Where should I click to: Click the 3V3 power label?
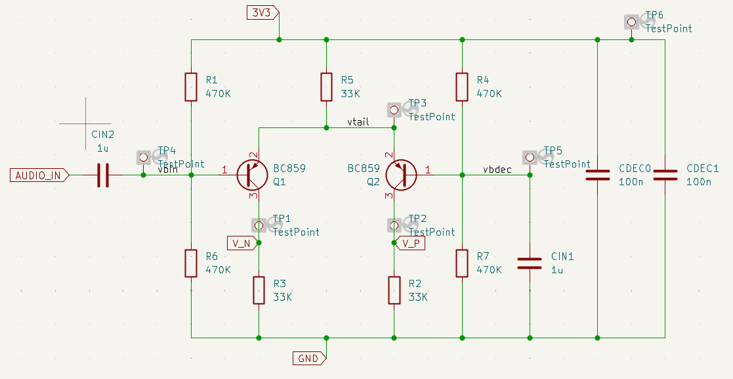262,12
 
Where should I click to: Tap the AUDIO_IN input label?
39,175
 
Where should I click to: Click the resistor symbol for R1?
191,87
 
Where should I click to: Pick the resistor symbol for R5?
326,87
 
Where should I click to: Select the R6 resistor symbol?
191,263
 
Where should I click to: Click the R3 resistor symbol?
259,290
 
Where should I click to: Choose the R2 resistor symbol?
394,290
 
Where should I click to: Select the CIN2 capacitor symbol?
103,175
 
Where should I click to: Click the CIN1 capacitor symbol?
530,263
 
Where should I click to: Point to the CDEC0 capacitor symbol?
597,175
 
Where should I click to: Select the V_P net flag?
411,243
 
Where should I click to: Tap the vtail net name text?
358,122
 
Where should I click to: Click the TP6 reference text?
654,15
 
